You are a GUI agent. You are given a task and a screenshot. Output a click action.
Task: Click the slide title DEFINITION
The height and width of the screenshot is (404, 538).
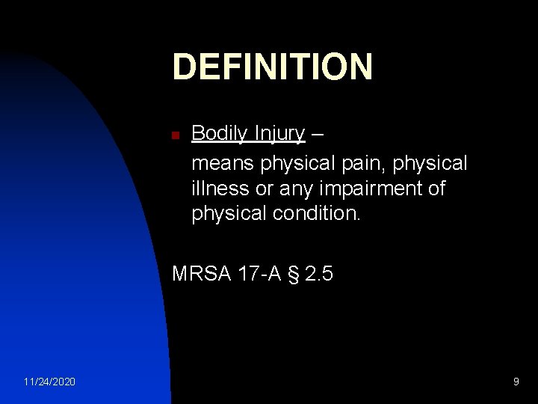[272, 67]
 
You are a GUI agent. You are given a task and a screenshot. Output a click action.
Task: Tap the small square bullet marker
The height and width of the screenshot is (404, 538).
[175, 136]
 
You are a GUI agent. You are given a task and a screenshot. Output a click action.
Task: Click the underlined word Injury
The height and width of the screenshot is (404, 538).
[279, 134]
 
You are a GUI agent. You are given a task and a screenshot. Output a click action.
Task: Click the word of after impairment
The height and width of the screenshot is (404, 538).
[436, 188]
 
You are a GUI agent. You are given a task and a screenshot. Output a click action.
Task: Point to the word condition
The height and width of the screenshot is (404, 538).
[316, 214]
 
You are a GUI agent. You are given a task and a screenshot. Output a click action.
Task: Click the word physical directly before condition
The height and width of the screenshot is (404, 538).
[228, 215]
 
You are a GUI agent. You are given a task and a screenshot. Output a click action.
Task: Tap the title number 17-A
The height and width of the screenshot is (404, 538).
[259, 274]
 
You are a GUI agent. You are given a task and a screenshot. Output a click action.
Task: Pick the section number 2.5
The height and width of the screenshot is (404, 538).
[320, 274]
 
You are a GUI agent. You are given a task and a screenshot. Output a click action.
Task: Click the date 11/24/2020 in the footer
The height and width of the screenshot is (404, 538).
[49, 382]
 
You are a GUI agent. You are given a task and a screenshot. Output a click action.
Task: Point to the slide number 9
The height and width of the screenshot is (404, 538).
[516, 382]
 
